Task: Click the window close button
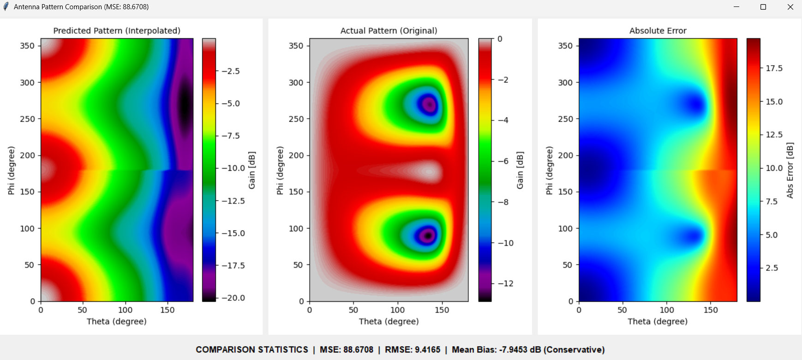coord(790,7)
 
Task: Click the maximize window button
coord(763,7)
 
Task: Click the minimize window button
coord(736,7)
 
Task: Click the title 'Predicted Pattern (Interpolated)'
coord(117,30)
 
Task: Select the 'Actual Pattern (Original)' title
coord(389,30)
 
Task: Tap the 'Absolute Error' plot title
coord(658,30)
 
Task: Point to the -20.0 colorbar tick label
coord(233,298)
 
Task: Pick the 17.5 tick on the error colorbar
coord(774,68)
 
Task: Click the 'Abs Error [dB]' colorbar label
coord(790,170)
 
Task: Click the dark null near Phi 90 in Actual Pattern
coord(428,235)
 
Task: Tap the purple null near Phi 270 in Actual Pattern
coord(430,105)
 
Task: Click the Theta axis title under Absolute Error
coord(657,321)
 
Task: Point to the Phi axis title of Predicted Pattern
coord(11,170)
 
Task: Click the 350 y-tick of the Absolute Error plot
coord(565,46)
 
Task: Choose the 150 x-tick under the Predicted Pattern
coord(167,310)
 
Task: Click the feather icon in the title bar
coord(6,7)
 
